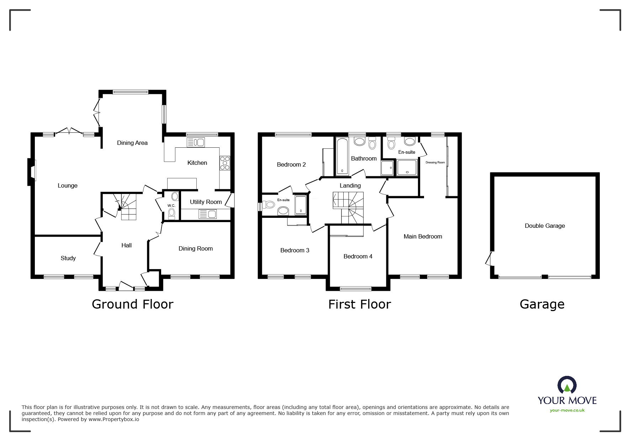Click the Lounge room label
(x=68, y=185)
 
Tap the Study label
(x=68, y=258)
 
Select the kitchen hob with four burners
(x=225, y=163)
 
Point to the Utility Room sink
(x=207, y=214)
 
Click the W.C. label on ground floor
(x=171, y=206)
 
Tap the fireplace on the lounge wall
(x=32, y=172)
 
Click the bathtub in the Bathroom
(x=342, y=157)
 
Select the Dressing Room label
(x=435, y=162)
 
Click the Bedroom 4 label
(x=358, y=256)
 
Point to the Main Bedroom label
(x=423, y=236)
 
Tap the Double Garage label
(x=545, y=226)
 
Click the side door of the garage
(x=489, y=258)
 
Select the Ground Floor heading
(x=132, y=304)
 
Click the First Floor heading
(x=359, y=304)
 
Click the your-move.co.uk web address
(x=567, y=410)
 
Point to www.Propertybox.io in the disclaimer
(x=114, y=419)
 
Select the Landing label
(x=350, y=185)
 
